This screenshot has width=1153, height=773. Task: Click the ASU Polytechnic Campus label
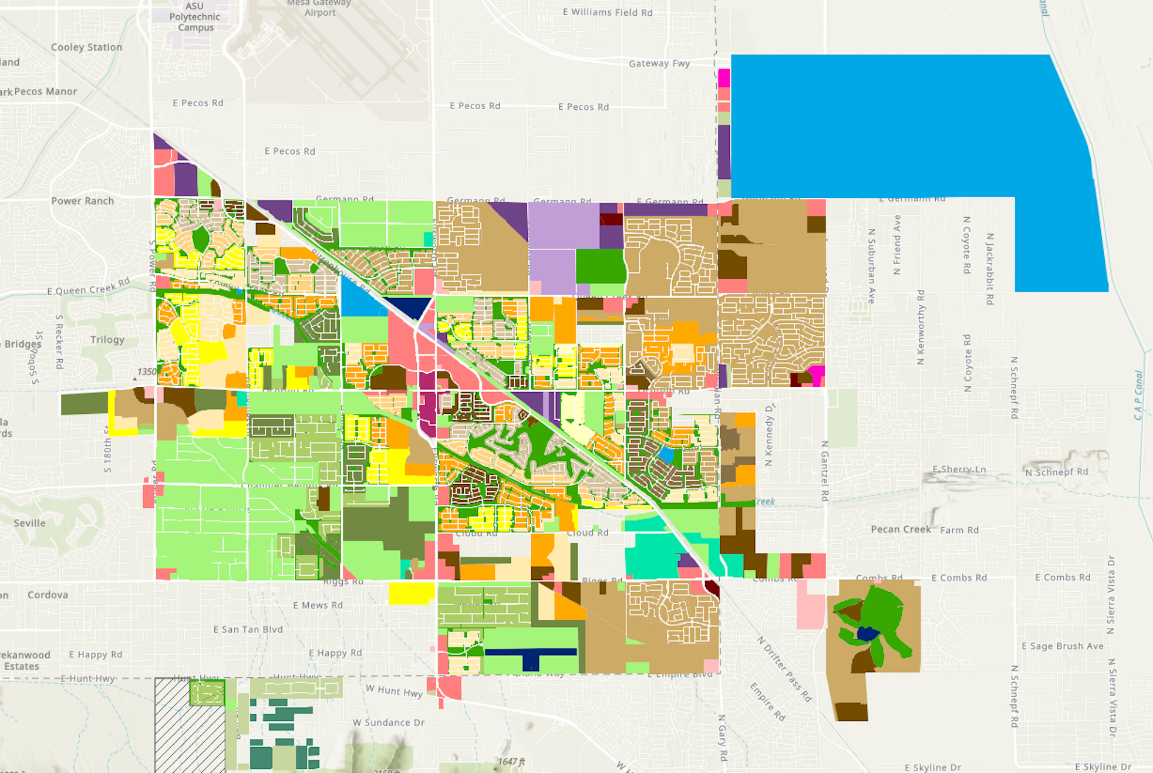tap(195, 17)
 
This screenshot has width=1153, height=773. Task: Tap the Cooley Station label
tap(86, 48)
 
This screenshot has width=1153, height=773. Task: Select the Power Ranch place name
tap(82, 201)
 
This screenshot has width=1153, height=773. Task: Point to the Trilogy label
tap(107, 340)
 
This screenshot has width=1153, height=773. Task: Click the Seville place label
tap(29, 523)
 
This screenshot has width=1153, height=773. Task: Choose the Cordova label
tap(48, 595)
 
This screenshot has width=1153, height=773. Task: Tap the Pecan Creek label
tap(901, 529)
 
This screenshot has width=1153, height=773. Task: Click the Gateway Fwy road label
tap(659, 63)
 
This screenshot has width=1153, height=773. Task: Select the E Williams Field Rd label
tap(608, 12)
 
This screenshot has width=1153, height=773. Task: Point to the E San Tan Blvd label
tap(248, 630)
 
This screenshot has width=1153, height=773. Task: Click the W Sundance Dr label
tap(389, 723)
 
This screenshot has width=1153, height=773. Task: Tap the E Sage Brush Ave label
tap(1063, 646)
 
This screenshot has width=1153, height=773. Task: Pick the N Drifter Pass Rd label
tap(784, 669)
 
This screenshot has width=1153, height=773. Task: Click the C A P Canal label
tap(1139, 395)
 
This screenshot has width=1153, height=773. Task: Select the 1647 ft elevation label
tap(511, 762)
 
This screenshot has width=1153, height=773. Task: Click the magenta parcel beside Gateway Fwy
tap(724, 78)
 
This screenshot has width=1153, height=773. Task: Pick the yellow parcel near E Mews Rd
tap(412, 593)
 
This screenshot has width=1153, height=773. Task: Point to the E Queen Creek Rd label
tap(88, 287)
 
